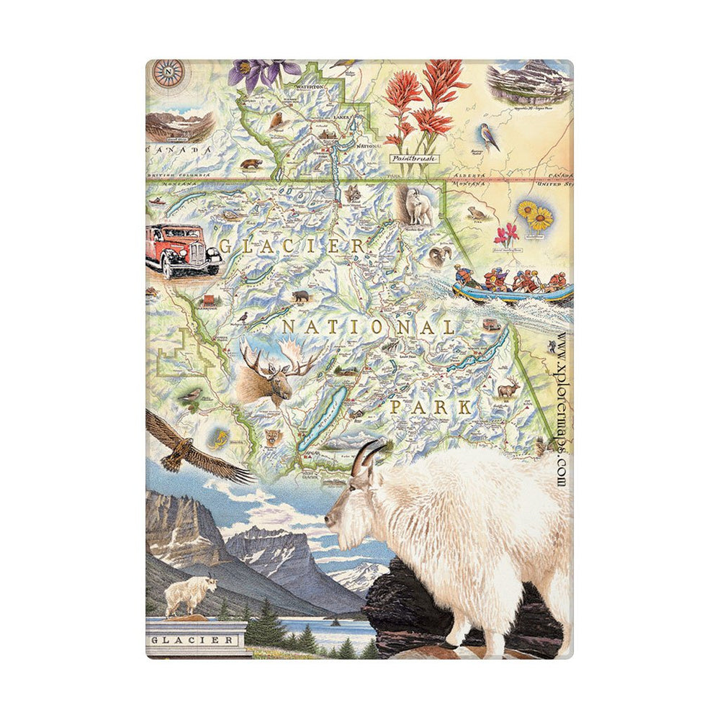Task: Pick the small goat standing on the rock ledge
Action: click(x=191, y=595)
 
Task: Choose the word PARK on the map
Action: click(x=431, y=408)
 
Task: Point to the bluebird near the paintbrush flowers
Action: click(x=490, y=137)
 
